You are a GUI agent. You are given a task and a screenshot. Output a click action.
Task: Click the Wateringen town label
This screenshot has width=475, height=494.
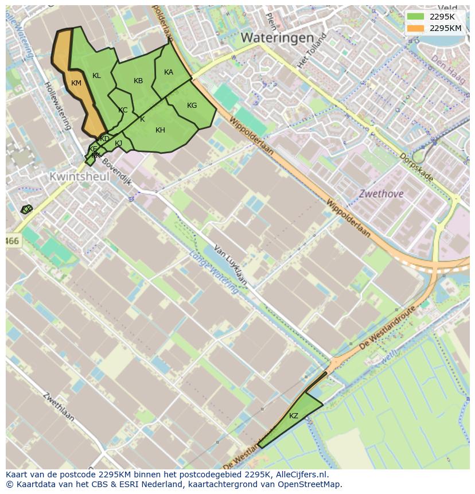[277, 38]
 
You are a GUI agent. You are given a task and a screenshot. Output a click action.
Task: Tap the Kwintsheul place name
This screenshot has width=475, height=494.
[79, 177]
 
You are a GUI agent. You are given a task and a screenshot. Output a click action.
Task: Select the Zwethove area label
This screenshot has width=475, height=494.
[381, 194]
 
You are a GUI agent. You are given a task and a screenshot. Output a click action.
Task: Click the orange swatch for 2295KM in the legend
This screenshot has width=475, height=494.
[416, 28]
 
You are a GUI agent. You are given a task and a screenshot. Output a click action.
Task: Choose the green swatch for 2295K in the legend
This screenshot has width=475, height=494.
[416, 17]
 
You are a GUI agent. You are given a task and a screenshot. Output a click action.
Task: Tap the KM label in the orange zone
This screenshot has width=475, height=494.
[76, 83]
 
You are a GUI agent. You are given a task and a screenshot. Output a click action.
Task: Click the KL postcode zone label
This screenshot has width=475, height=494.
[96, 76]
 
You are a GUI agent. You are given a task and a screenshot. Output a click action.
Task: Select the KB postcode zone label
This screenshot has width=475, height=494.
[138, 81]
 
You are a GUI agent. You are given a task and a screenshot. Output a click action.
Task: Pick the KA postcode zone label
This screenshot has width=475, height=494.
[169, 72]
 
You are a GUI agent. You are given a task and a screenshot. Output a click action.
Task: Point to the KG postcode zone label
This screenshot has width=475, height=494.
[192, 106]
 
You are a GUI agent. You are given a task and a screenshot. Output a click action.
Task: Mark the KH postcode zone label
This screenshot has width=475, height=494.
[160, 130]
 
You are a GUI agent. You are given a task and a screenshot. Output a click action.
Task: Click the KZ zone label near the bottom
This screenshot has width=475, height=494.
[294, 416]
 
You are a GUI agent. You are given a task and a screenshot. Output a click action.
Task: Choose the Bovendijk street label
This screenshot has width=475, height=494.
[118, 174]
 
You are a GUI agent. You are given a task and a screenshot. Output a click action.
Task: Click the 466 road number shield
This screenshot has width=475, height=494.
[12, 242]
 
